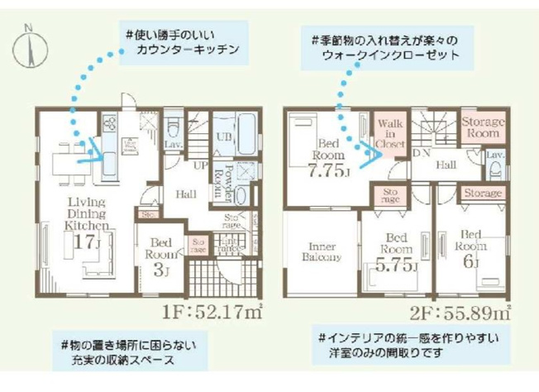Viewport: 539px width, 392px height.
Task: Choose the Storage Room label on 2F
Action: (483, 127)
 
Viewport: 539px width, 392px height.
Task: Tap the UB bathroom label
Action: (222, 133)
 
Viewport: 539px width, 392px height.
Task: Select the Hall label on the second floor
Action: (446, 165)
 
